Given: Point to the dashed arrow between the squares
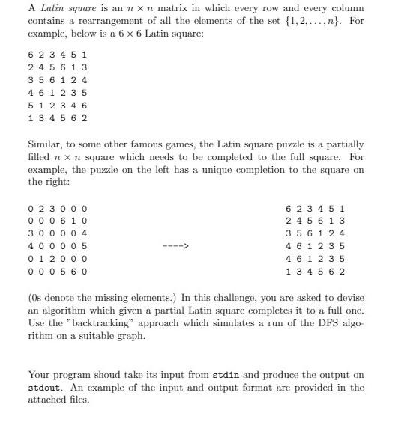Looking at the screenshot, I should [178, 245].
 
